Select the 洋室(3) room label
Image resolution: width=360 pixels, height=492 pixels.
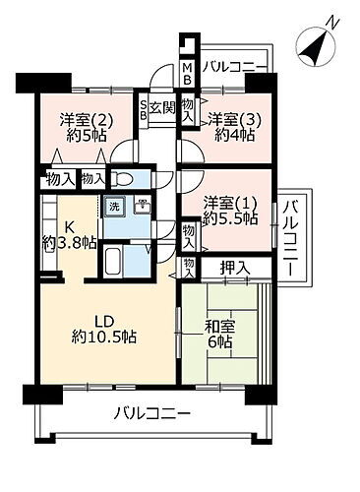point(234,119)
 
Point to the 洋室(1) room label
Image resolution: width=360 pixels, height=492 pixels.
point(229,202)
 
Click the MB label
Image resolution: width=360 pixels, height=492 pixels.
point(186,74)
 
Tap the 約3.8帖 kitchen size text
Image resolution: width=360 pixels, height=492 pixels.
point(69,242)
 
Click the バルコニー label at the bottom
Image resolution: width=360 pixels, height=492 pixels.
point(150,414)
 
